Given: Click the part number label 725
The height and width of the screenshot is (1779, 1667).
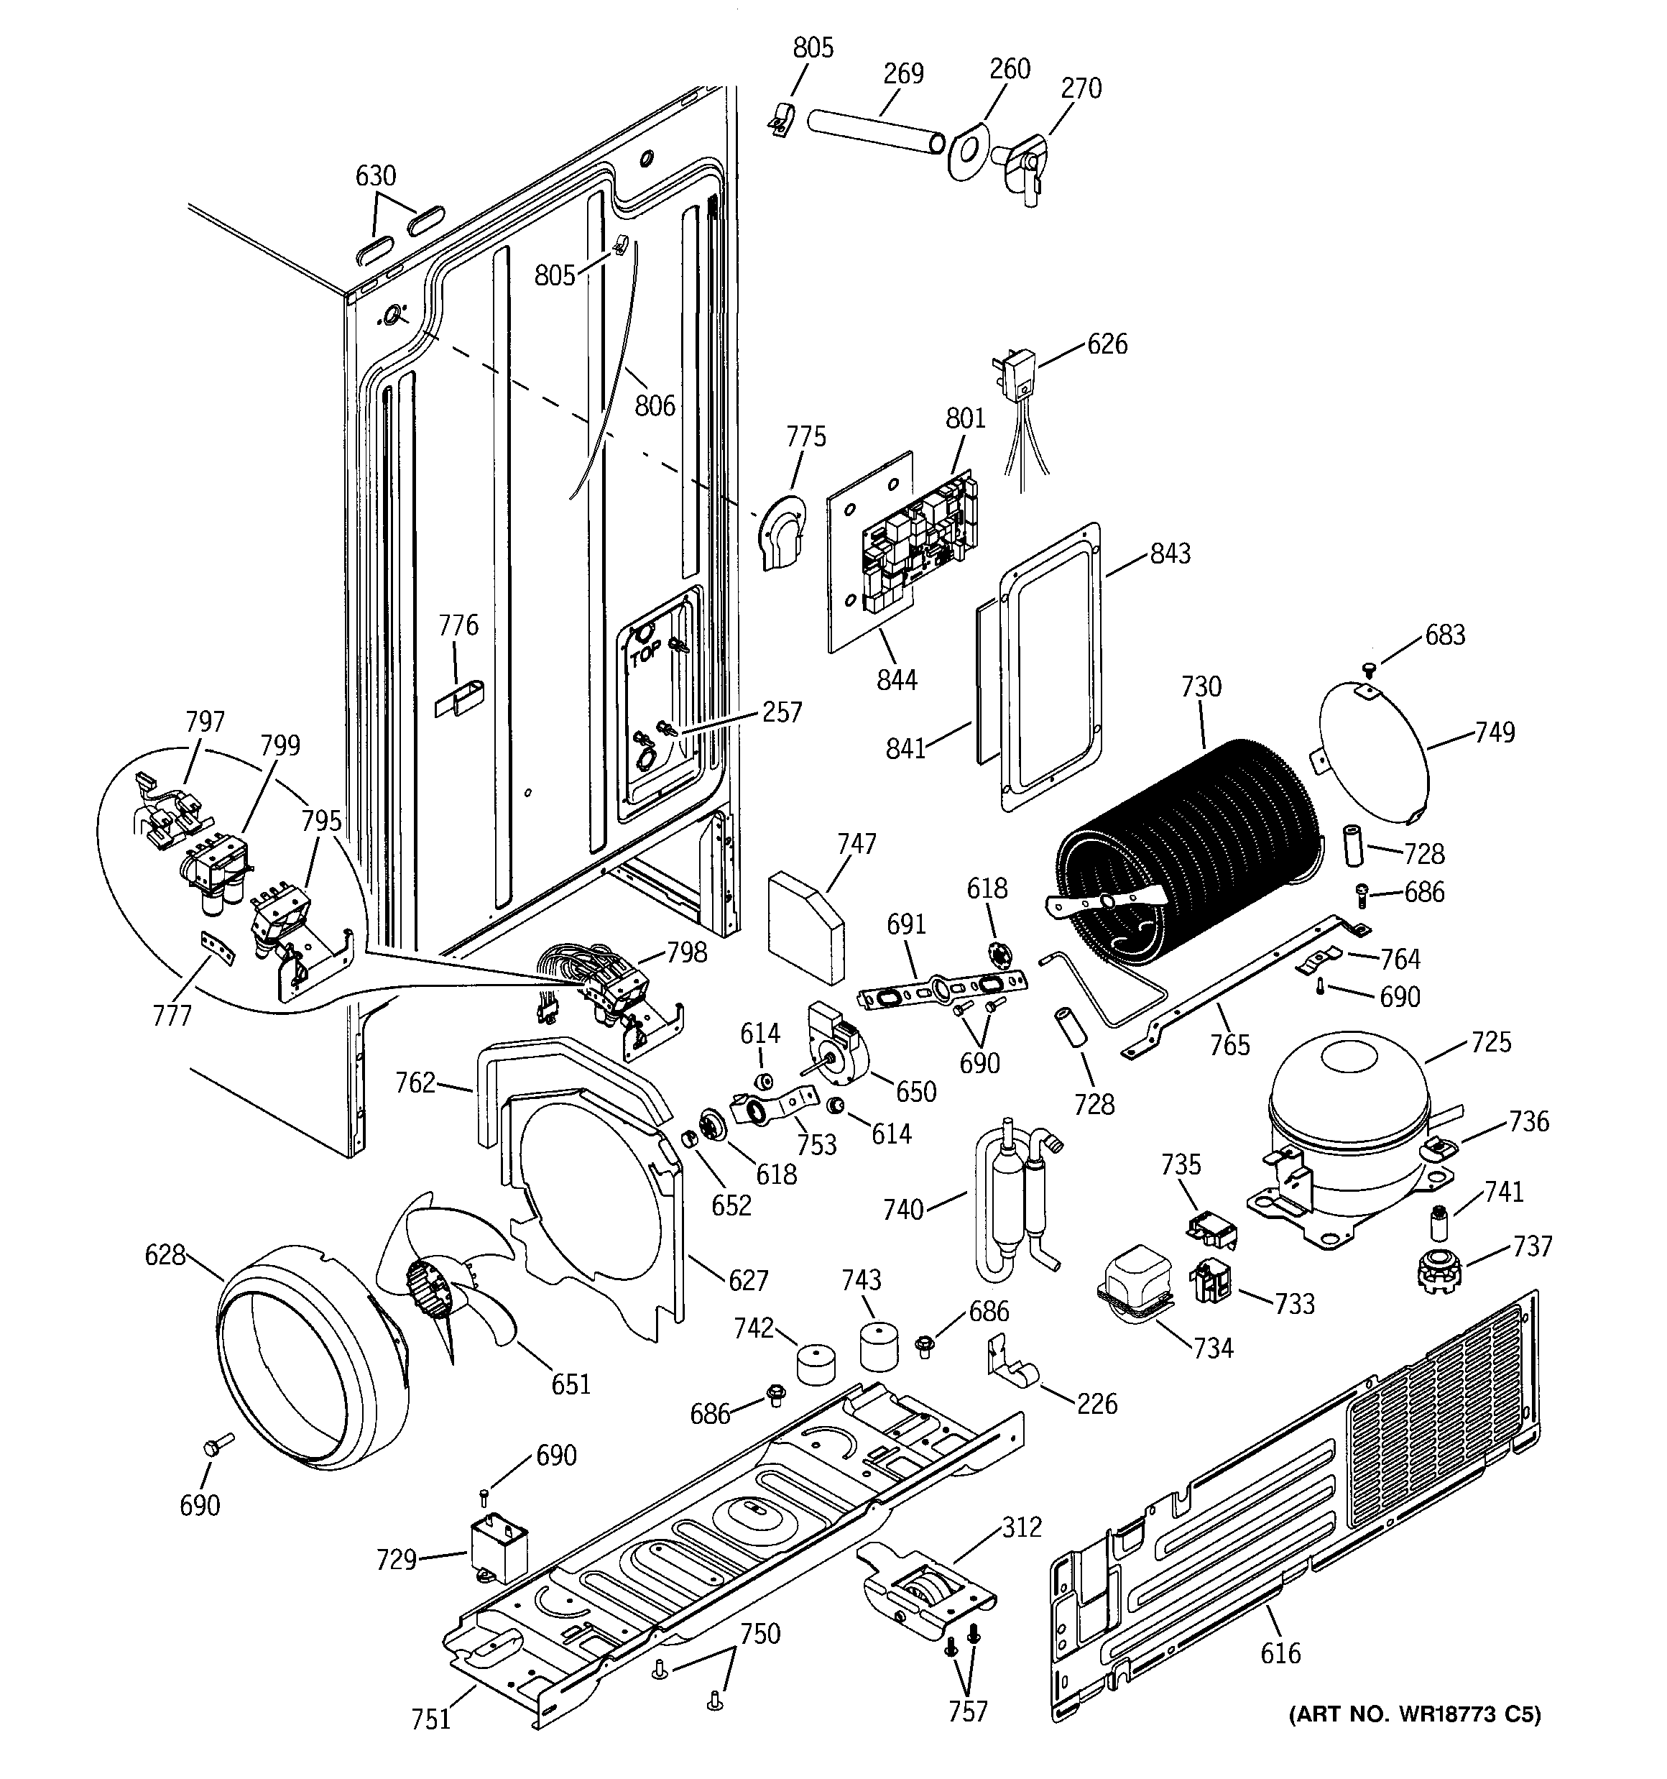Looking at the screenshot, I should pos(1491,1042).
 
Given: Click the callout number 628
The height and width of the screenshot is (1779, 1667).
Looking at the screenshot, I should pos(165,1256).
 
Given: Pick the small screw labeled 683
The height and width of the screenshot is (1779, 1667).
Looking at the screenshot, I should pos(1368,667).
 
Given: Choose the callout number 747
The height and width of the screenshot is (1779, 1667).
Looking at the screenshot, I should pos(856,843).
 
